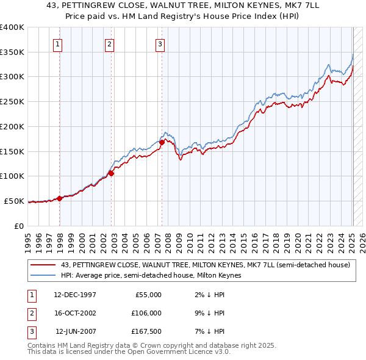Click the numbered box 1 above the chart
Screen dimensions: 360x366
57,43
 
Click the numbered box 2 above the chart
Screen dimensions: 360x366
109,43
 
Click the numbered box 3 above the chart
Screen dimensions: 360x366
159,43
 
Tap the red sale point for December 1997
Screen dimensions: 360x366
60,198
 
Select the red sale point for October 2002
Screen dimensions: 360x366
112,173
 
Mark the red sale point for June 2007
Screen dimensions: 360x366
162,143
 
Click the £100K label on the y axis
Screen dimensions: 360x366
12,176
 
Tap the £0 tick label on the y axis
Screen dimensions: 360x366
19,226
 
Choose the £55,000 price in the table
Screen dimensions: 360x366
148,295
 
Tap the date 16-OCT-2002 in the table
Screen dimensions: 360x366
75,313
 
